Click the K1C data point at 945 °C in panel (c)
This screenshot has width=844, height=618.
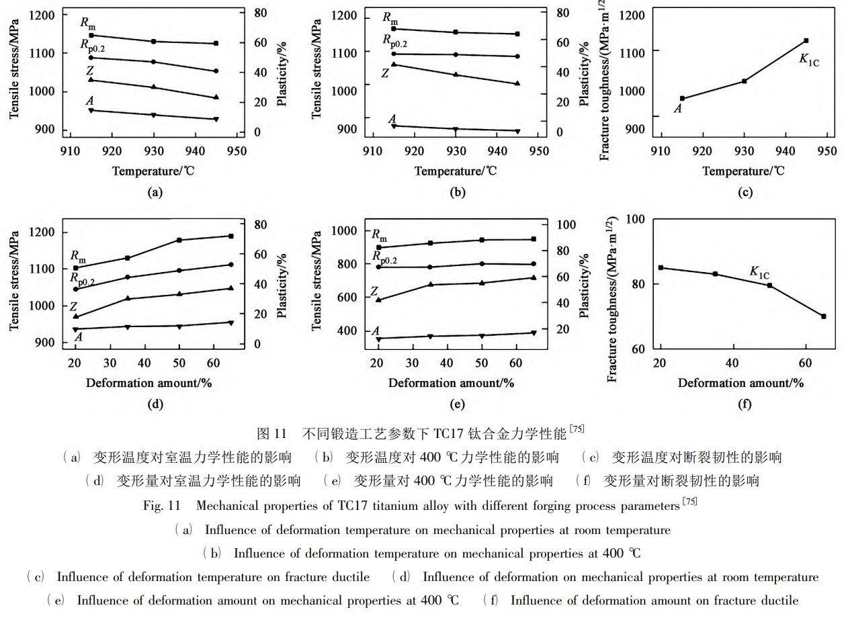coord(806,41)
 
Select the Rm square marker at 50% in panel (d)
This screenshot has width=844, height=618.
coord(179,240)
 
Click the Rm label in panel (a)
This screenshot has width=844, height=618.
coord(87,24)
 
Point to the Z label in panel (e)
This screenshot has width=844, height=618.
coord(375,292)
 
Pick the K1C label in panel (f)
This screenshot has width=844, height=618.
coord(759,272)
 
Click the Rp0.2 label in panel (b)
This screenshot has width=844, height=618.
coord(395,40)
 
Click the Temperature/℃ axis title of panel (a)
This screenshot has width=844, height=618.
coord(154,171)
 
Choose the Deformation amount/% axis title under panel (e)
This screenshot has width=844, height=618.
coord(451,383)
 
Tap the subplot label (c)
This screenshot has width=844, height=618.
coord(745,193)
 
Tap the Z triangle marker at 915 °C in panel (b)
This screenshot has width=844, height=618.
coord(394,64)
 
